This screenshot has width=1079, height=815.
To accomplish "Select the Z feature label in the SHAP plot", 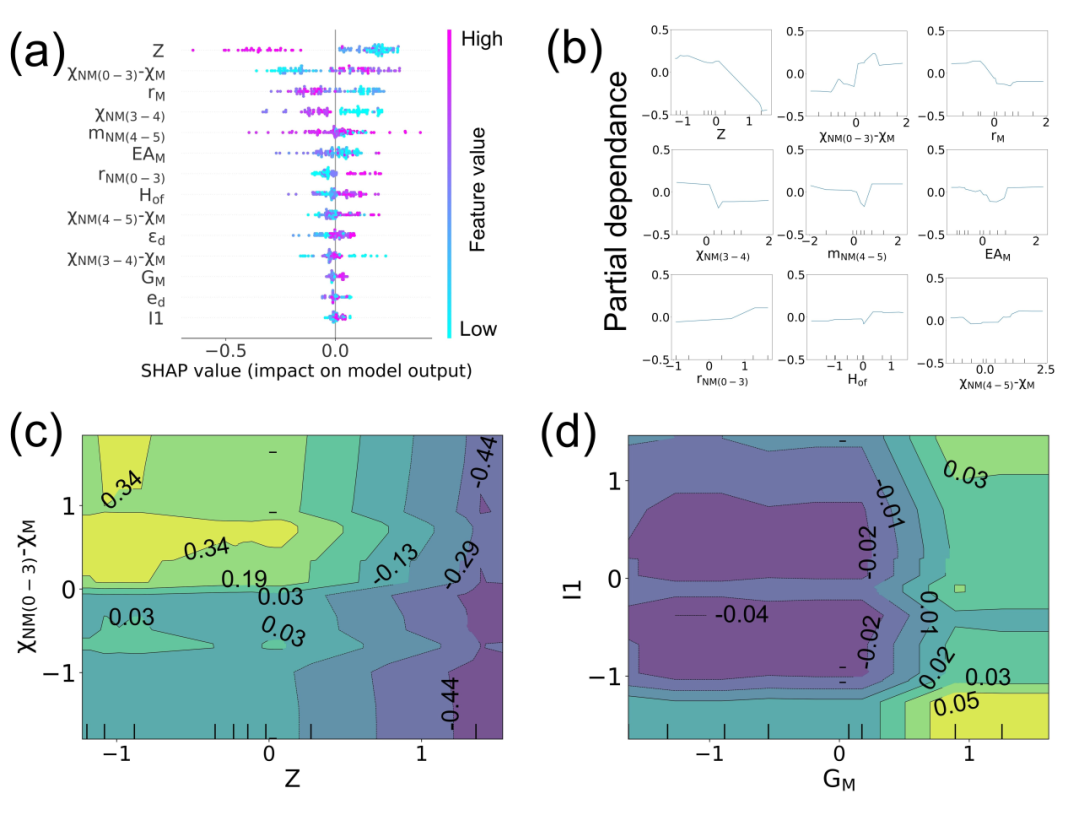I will [x=159, y=50].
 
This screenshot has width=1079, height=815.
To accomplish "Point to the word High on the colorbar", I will [x=482, y=39].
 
